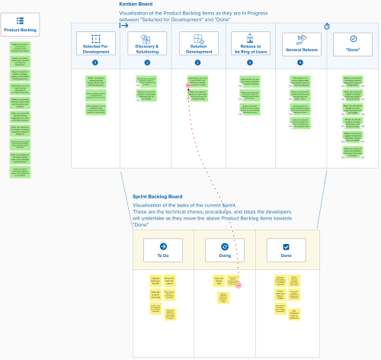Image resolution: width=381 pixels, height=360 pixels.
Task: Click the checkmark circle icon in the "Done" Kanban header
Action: point(352,38)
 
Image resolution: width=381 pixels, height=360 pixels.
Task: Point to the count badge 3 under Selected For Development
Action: point(95,62)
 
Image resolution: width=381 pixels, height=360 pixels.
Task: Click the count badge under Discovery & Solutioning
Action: point(146,62)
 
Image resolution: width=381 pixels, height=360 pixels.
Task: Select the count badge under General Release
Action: point(300,62)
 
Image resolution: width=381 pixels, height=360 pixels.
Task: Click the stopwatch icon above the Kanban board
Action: point(327,26)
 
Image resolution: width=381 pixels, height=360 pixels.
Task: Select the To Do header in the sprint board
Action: point(162,251)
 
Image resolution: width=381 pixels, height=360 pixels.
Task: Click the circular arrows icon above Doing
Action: point(225,247)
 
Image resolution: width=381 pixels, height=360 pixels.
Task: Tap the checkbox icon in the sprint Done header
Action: point(286,247)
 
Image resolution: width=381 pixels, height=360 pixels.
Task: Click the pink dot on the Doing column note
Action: point(239,284)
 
